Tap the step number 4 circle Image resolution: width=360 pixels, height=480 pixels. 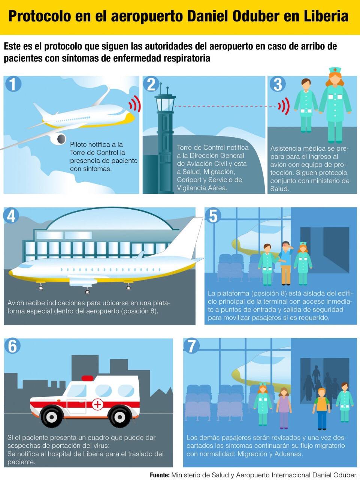click(12, 216)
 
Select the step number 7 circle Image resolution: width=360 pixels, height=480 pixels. click(191, 346)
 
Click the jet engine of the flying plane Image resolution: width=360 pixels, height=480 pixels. click(58, 138)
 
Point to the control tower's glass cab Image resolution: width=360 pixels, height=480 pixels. click(165, 104)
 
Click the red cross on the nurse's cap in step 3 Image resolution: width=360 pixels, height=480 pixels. click(335, 70)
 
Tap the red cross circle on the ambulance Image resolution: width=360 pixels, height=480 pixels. click(98, 404)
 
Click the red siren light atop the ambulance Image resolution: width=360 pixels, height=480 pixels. click(87, 378)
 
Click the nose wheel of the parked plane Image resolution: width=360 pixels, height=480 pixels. click(40, 288)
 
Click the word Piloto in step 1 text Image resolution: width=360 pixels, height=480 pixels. click(78, 144)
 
